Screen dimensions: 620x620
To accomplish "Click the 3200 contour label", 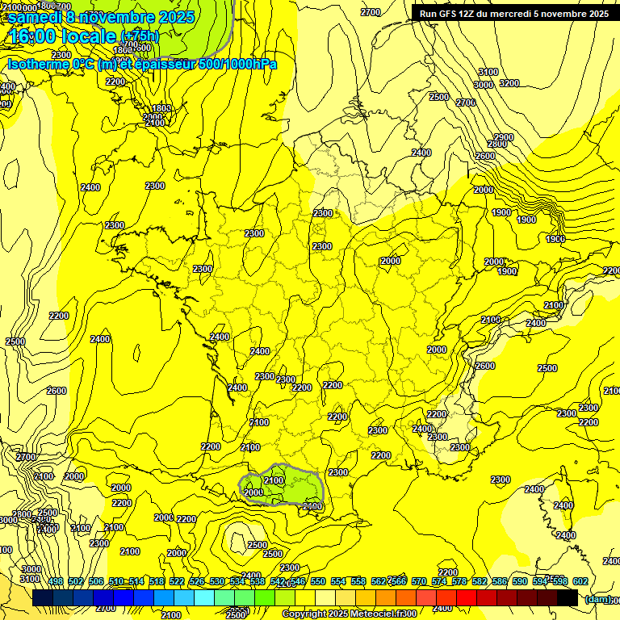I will (509, 83).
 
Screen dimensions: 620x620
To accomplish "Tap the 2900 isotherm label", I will (504, 138).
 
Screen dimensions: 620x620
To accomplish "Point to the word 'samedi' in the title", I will (36, 16).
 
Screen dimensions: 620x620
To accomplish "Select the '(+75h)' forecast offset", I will (140, 36).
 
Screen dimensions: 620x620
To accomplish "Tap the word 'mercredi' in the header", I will (522, 14).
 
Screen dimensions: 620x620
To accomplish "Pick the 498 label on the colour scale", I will (56, 582).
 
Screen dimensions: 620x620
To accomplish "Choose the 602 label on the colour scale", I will (580, 582).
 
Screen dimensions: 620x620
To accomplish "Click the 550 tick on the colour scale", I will (318, 582).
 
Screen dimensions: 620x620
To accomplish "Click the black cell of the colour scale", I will (568, 597).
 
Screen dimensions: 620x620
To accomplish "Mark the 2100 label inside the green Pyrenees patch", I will (274, 480).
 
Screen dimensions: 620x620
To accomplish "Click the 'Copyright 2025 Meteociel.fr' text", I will (349, 614).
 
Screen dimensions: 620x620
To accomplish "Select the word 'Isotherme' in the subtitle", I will (38, 64).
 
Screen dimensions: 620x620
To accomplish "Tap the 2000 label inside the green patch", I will (253, 492).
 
